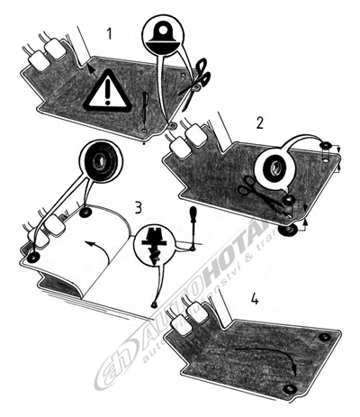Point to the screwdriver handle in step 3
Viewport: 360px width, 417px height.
pos(192,217)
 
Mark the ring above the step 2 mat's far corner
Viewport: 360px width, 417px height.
pos(326,145)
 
